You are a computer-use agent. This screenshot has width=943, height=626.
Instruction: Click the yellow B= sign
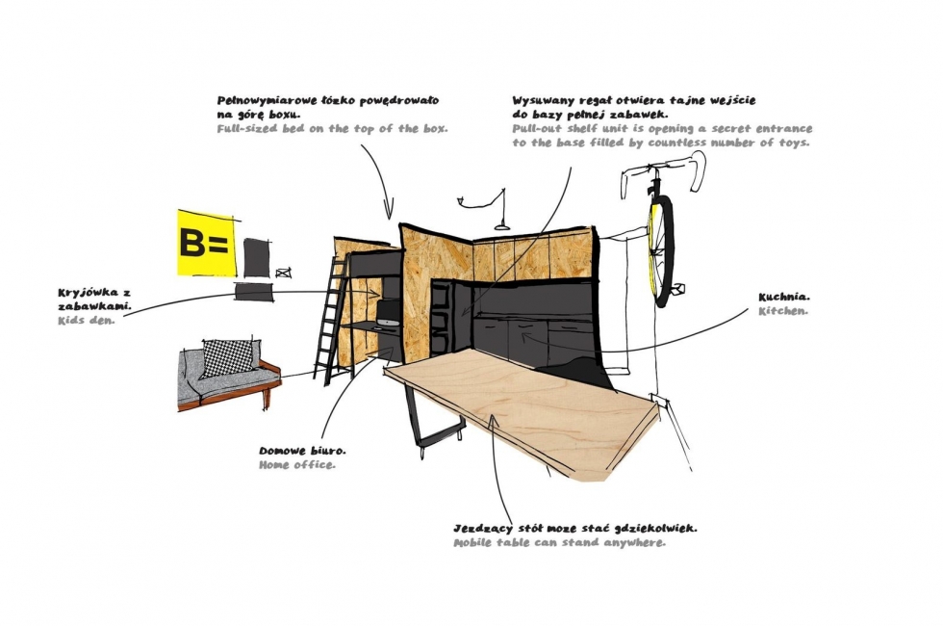205,243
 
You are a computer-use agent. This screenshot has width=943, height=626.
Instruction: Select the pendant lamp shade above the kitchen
502,226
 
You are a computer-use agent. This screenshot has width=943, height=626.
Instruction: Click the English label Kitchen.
783,311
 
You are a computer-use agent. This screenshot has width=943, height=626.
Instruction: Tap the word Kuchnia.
784,298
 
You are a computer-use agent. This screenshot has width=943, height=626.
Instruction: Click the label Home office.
297,464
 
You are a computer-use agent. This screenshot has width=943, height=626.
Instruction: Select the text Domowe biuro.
302,451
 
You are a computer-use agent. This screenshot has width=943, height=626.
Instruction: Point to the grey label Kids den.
86,320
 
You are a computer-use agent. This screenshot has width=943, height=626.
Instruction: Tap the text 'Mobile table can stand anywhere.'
559,542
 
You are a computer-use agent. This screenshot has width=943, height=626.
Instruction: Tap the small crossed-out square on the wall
284,273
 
